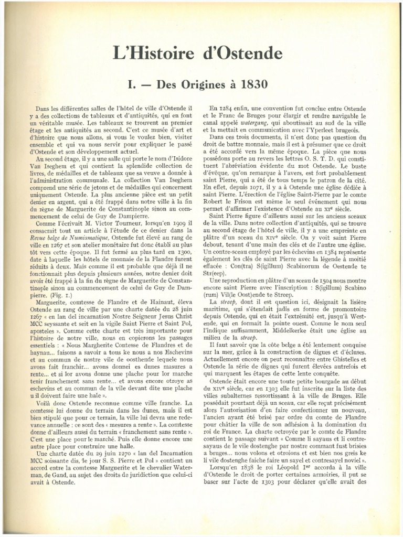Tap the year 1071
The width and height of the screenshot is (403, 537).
[x=252, y=187]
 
